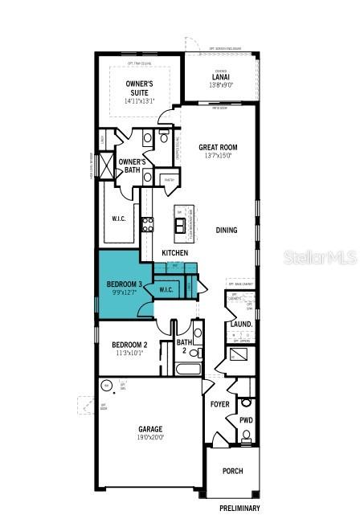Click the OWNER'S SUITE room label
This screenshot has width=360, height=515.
(x=140, y=88)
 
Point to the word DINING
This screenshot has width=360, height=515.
(x=227, y=231)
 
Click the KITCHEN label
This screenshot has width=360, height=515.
(x=175, y=253)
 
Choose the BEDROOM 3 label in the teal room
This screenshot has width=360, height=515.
(x=125, y=284)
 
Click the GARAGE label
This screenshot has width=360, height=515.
(x=150, y=429)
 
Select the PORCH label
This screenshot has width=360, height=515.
(x=232, y=471)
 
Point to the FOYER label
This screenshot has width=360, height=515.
(x=220, y=405)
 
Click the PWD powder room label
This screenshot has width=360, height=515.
(x=246, y=419)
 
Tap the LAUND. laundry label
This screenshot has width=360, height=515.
(x=241, y=325)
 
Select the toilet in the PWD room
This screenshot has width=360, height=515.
(x=246, y=438)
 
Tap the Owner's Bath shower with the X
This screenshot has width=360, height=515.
(x=107, y=165)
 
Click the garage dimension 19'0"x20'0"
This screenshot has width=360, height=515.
(x=150, y=438)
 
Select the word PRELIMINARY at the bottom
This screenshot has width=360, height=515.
(x=239, y=508)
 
